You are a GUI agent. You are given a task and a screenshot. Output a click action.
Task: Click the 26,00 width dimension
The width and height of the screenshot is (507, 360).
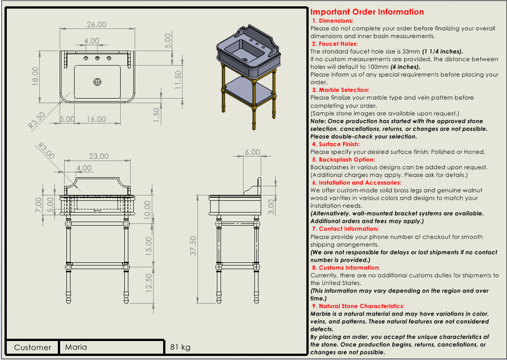(x=96, y=24)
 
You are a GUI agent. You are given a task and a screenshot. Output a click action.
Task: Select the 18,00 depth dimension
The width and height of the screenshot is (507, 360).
(x=35, y=76)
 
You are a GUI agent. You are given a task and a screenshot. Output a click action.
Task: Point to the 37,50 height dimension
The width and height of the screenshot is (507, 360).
(x=193, y=246)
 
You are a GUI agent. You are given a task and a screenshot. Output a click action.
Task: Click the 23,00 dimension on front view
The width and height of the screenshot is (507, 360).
(x=99, y=156)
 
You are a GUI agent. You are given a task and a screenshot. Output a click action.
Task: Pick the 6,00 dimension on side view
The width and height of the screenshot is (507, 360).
(x=253, y=152)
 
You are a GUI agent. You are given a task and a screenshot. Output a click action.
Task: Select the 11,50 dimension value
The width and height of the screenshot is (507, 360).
(x=178, y=79)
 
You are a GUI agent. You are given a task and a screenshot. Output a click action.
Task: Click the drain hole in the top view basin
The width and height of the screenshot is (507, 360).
(x=97, y=82)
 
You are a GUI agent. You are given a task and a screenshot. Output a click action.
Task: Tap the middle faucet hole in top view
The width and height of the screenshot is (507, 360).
(x=97, y=58)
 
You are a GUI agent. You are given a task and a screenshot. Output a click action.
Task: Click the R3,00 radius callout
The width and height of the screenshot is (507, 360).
(x=46, y=151)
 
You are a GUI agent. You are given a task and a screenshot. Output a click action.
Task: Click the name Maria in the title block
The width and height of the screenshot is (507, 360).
(x=76, y=347)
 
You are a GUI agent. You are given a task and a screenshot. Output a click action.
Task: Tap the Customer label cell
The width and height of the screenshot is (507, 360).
(x=33, y=347)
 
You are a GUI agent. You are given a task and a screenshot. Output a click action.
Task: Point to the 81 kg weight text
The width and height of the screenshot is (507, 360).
(x=180, y=347)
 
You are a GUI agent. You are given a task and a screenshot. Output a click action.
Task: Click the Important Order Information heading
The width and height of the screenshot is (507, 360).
(x=367, y=12)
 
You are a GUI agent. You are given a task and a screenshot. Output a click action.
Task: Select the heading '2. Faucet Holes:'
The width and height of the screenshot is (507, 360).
(x=335, y=44)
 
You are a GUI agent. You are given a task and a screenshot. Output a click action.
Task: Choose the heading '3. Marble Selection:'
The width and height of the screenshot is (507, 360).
(x=340, y=90)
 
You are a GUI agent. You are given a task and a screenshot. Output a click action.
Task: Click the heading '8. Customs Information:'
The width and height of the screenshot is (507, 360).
(x=346, y=268)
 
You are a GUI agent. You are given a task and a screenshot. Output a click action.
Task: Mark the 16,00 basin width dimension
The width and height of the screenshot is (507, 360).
(x=96, y=119)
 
